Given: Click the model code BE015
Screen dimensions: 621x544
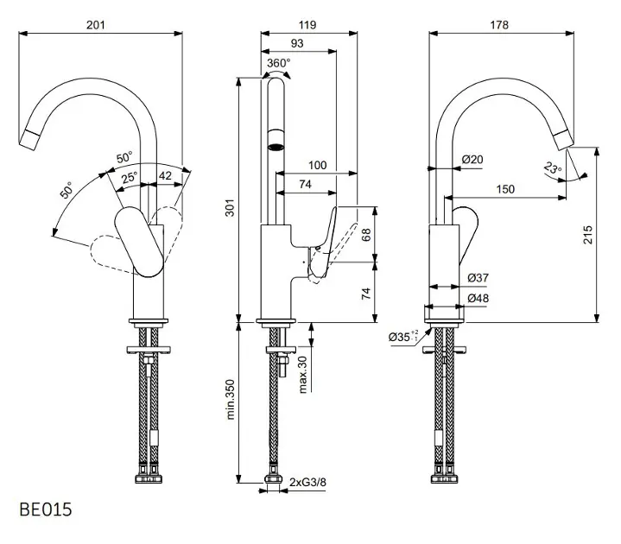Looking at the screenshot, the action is [x=46, y=509].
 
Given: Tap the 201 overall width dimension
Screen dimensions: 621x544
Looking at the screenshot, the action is [x=96, y=25].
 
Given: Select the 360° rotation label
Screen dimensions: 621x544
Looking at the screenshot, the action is [x=278, y=63].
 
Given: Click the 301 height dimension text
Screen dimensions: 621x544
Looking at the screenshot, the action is [x=230, y=207].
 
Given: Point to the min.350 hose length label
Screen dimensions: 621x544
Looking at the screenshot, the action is [x=230, y=399].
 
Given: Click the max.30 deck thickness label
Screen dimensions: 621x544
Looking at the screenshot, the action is [x=303, y=374].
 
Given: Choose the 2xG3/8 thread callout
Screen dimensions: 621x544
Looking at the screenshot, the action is [x=307, y=482].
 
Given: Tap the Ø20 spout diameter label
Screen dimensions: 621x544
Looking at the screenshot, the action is [x=472, y=160].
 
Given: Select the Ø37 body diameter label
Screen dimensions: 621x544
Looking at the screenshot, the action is [x=478, y=278].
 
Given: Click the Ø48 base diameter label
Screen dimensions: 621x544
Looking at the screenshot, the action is [x=478, y=298].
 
